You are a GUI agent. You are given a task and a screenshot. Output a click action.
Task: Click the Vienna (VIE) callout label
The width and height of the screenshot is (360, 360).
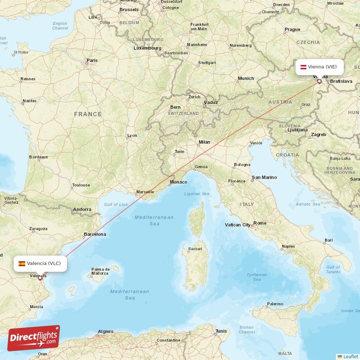click(x=319, y=67)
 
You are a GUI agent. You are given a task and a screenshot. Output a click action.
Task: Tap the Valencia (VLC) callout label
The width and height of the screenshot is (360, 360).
click(x=40, y=263)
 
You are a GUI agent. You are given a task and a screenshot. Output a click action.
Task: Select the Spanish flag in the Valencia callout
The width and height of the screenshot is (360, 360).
click(x=22, y=264)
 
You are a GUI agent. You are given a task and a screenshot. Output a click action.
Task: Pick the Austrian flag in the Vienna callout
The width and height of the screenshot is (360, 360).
click(x=304, y=67)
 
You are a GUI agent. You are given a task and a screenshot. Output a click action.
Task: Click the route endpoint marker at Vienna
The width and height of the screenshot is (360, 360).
click(x=319, y=81)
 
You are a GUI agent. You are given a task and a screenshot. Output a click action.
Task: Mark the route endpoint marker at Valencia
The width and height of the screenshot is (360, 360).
click(x=40, y=278)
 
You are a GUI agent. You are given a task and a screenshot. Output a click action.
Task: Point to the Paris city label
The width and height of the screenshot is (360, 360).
click(x=92, y=60)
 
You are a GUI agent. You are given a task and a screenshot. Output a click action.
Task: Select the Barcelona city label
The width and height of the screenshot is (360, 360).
click(x=95, y=234)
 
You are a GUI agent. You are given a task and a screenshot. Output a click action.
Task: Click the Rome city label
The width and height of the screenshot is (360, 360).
click(x=260, y=223)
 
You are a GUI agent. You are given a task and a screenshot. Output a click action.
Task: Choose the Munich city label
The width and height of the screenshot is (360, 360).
click(x=246, y=78)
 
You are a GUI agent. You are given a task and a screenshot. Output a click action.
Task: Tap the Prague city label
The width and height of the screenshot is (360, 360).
click(x=292, y=30)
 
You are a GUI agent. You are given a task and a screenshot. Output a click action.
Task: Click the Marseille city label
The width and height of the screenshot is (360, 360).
click(x=145, y=194)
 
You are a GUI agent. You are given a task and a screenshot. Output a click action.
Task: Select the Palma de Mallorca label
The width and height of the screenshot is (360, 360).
click(x=100, y=271)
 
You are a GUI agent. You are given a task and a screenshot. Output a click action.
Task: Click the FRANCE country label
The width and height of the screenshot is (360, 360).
click(x=88, y=114)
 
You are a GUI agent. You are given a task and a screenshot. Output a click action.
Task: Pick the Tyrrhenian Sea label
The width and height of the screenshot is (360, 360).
click(x=256, y=277)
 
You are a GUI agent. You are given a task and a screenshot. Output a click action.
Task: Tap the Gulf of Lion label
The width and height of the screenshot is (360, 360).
click(x=116, y=205)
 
